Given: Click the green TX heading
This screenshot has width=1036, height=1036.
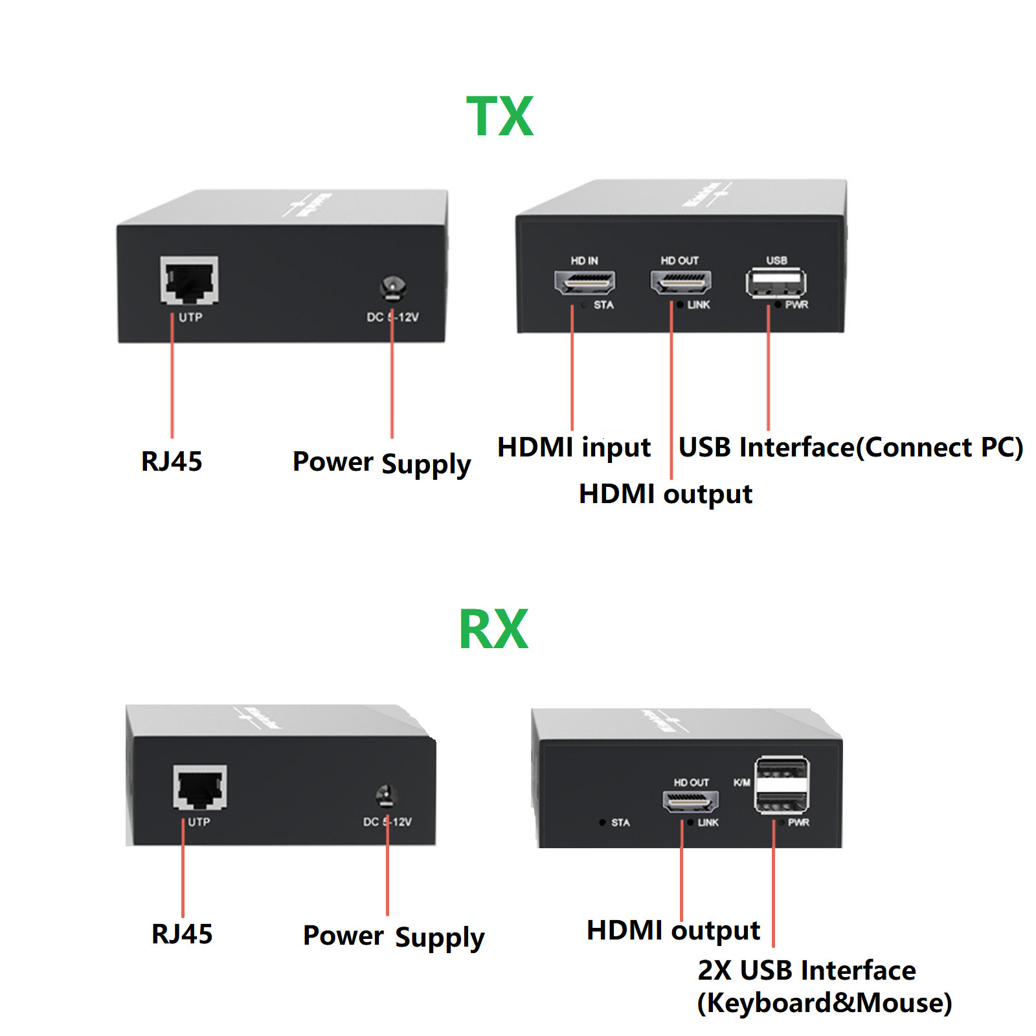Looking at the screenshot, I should tap(500, 117).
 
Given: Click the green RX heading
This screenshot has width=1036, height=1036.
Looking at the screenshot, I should tap(493, 629).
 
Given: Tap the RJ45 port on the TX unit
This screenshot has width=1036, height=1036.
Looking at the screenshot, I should tap(189, 280).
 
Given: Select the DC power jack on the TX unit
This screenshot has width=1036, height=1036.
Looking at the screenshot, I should tap(392, 287).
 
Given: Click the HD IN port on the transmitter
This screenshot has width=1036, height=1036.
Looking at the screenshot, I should tap(585, 282).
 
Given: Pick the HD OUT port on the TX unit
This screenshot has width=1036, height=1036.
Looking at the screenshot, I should tap(681, 282).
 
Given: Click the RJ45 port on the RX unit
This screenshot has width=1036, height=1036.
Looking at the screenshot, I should tap(200, 787).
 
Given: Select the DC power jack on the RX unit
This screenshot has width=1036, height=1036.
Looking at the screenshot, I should tap(386, 796).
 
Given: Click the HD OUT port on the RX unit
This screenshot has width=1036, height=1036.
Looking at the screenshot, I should tap(690, 802).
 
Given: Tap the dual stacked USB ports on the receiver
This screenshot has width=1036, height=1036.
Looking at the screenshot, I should tap(782, 785).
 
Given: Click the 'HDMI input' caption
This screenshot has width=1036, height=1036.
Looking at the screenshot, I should tap(574, 447).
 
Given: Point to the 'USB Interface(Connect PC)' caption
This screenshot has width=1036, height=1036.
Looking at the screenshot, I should tap(850, 447).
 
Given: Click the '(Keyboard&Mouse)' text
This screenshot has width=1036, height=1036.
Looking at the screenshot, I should tap(824, 1003).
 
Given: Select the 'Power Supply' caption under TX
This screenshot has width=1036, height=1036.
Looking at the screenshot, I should tap(381, 463).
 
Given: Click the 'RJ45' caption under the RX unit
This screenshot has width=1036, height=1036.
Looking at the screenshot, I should tap(182, 934).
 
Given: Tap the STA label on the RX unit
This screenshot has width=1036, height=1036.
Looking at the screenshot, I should tap(620, 822).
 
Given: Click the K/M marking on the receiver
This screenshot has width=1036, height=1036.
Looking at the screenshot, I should tap(741, 783).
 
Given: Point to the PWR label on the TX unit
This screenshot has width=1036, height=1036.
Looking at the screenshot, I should tap(796, 305).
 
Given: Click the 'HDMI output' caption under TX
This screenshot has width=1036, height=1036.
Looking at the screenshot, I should tap(665, 494).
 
